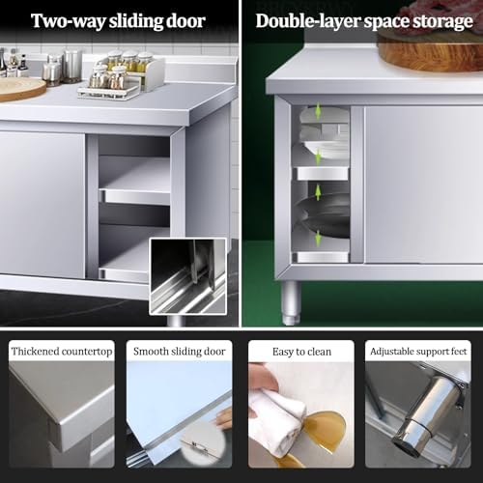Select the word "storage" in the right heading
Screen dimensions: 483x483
(435, 20)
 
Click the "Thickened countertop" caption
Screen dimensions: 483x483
(61, 352)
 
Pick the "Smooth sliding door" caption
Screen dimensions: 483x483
(179, 352)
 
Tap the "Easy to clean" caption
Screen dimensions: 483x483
(300, 352)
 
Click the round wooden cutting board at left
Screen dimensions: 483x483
(19, 88)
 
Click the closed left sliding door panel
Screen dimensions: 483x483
(43, 203)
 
